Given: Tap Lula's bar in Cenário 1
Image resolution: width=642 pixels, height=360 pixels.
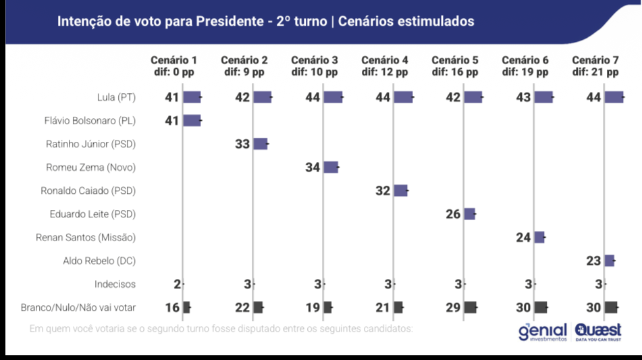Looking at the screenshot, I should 192,97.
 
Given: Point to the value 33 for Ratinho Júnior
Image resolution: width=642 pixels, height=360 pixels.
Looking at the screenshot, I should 242,144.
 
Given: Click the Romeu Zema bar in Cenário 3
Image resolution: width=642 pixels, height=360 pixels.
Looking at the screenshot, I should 331,168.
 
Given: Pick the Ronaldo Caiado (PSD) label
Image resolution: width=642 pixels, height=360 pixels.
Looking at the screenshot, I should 88,190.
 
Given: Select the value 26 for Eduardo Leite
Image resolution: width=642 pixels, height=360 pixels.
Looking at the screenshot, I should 453,214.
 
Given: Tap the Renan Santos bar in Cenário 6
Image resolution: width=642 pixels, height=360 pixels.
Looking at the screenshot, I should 539,237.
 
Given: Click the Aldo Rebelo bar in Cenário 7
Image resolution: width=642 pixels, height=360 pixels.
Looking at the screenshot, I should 609,261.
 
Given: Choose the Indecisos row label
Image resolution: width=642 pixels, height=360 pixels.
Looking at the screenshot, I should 115,284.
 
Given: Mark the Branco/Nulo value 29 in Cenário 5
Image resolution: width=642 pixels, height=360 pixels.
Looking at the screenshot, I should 453,307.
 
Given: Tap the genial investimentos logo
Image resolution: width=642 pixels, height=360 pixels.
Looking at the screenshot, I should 543,332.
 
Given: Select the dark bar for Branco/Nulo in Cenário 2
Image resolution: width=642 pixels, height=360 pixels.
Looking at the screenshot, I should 258,307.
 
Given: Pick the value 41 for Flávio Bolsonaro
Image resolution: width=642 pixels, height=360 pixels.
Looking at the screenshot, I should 171,121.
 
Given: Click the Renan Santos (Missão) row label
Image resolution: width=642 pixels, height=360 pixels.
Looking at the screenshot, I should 86,237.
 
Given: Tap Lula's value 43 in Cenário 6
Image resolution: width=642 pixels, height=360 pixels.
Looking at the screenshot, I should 523,97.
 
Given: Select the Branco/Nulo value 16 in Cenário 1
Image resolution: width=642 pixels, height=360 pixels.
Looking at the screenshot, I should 171,307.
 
